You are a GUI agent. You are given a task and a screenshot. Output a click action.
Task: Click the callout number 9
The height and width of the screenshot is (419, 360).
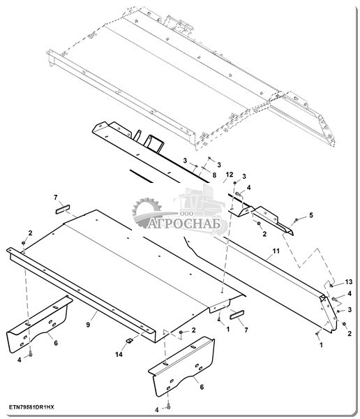pos(88,325)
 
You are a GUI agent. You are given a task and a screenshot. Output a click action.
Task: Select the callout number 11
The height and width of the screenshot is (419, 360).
pos(276,251)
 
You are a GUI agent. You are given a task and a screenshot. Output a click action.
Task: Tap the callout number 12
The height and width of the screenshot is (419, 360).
pos(230,175)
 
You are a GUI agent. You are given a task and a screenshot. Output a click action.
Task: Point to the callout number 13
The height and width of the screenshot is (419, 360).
pos(349,281)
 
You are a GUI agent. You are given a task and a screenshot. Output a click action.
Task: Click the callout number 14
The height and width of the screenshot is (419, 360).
pos(119,354)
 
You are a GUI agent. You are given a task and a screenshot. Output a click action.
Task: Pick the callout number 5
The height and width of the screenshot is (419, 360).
pos(311,215)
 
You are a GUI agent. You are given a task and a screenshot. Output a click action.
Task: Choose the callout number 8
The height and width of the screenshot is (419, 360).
pos(214,175)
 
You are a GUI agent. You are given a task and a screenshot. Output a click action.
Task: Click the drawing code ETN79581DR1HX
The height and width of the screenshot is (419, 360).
pos(32,407)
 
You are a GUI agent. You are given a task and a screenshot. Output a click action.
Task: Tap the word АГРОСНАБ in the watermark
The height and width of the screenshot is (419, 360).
pos(184,223)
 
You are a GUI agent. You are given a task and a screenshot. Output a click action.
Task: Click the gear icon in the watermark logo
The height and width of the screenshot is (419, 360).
pos(147,211)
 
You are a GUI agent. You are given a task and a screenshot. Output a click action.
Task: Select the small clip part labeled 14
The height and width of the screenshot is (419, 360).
pos(129,341)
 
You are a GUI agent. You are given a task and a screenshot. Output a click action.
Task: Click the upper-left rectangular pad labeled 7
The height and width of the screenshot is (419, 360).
pos(63,209)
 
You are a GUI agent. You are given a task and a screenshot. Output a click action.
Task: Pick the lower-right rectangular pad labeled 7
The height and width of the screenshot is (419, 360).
pos(237,315)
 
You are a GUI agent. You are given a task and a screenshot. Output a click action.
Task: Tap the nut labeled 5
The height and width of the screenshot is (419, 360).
pos(296,220)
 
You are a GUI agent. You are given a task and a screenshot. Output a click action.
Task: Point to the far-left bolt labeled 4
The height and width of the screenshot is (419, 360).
pos(31,354)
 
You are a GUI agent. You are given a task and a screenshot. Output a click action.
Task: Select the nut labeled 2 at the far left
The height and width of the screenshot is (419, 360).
pos(24,242)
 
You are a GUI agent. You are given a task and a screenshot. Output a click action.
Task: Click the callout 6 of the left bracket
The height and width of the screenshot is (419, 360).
pos(56,343)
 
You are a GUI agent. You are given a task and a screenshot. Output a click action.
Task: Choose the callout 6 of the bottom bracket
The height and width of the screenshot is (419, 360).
pos(202,387)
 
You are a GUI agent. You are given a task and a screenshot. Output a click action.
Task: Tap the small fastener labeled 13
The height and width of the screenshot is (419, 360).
pos(331,286)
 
